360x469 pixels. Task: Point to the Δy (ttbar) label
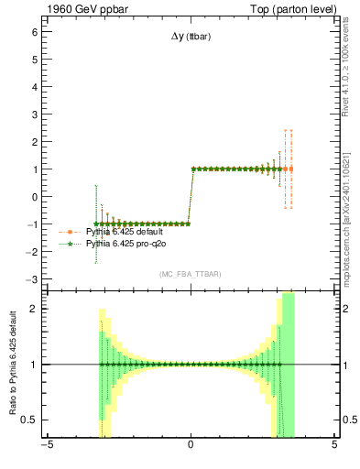(191, 38)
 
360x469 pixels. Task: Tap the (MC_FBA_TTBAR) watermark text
(190, 275)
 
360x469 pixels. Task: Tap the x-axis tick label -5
(46, 446)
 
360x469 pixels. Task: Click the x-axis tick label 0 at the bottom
(191, 446)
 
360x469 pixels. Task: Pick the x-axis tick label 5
(334, 446)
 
